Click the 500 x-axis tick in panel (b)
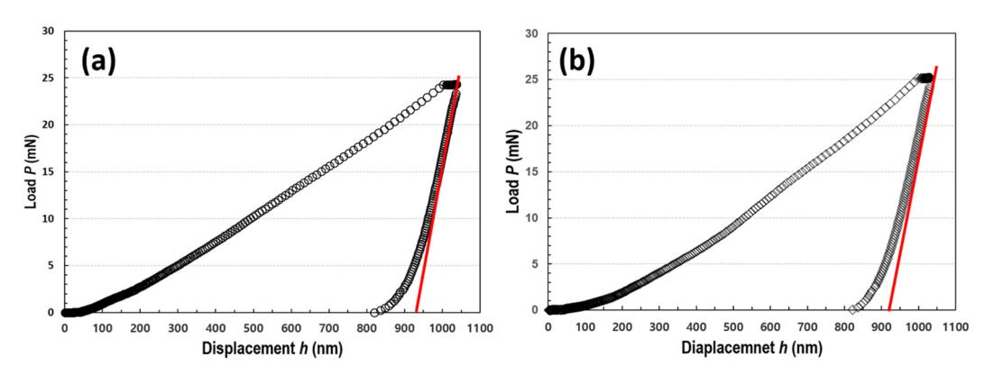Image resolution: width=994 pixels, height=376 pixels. tap(733, 326)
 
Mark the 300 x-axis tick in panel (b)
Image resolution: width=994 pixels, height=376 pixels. tap(659, 326)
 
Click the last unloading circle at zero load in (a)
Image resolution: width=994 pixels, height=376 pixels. tap(374, 312)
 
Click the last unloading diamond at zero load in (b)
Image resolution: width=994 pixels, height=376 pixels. tap(852, 309)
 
